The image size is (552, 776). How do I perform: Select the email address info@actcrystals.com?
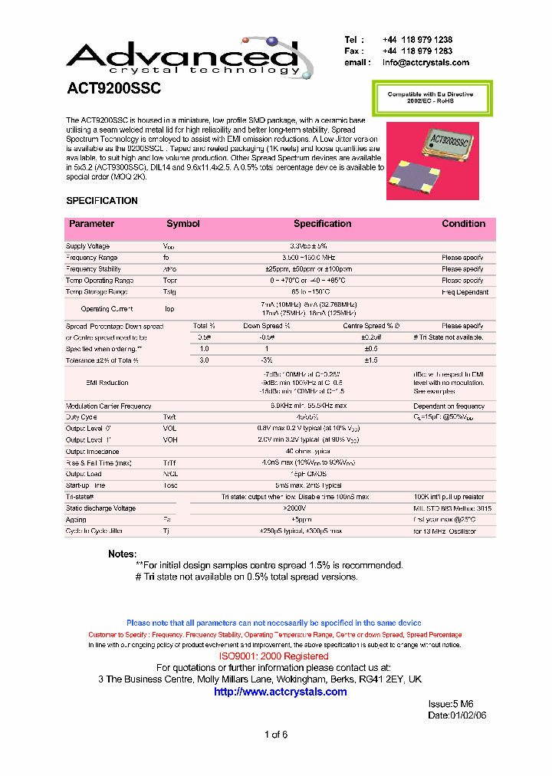pyautogui.click(x=428, y=63)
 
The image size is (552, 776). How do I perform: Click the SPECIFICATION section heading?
pyautogui.click(x=102, y=201)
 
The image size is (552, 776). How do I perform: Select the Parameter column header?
pyautogui.click(x=91, y=224)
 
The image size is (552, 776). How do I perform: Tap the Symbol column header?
pyautogui.click(x=183, y=224)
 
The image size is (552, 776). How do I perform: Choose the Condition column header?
pyautogui.click(x=463, y=224)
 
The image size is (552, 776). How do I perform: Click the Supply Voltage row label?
pyautogui.click(x=88, y=246)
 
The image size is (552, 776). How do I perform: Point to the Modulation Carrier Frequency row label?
pyautogui.click(x=109, y=406)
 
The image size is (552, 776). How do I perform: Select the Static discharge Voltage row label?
pyautogui.click(x=100, y=508)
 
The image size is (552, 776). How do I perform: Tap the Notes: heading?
pyautogui.click(x=122, y=554)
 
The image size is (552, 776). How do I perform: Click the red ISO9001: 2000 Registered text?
pyautogui.click(x=274, y=656)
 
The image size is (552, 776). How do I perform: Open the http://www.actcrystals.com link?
pyautogui.click(x=280, y=692)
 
